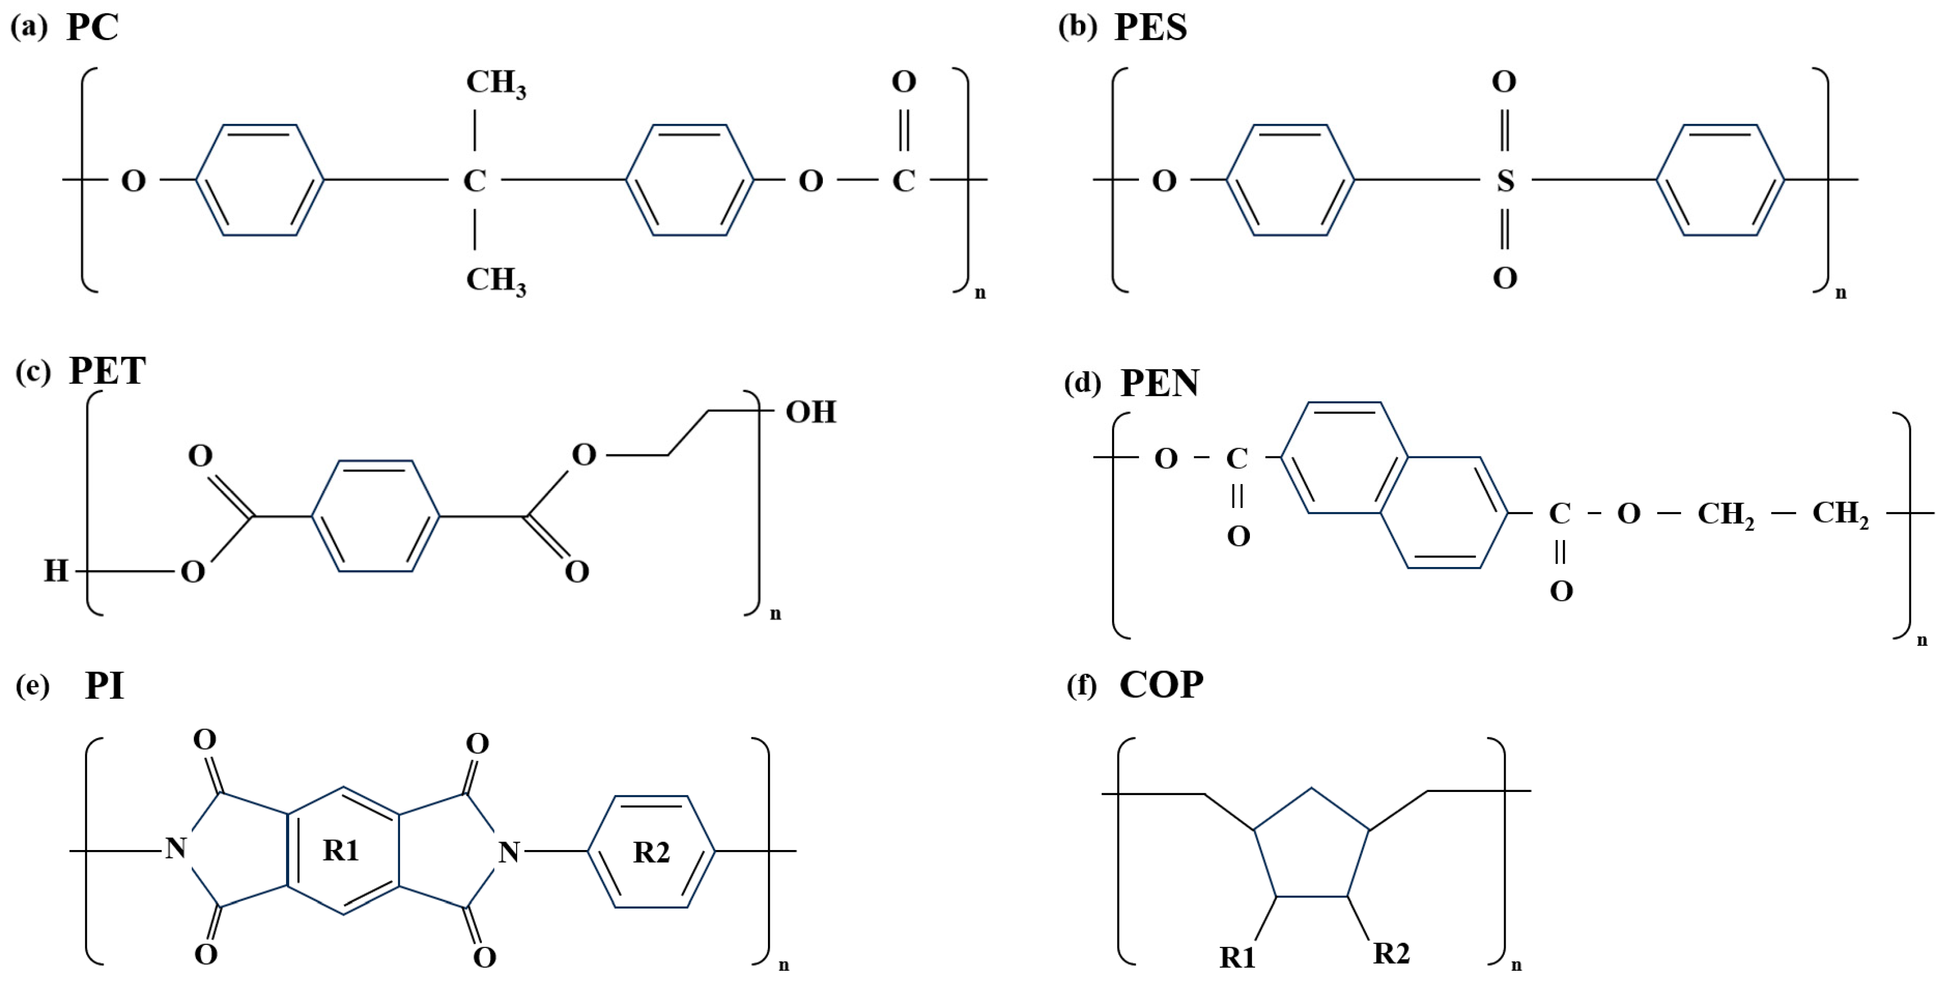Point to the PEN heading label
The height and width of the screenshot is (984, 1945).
pos(1159,383)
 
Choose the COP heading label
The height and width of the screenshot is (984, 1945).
pos(1161,685)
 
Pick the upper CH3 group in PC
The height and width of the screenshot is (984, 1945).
pos(495,83)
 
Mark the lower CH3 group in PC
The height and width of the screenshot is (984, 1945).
pos(495,280)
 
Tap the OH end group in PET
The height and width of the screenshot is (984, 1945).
pos(811,412)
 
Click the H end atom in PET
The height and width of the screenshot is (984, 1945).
pos(56,571)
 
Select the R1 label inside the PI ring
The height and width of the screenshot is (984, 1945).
pos(340,850)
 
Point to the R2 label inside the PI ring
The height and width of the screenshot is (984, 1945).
pos(651,852)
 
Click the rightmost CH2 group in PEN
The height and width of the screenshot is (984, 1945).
pos(1840,514)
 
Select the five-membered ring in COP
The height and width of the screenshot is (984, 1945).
pos(1312,849)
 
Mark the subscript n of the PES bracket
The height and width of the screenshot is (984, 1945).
pos(1841,293)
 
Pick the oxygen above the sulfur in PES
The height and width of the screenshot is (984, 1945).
pos(1504,81)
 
